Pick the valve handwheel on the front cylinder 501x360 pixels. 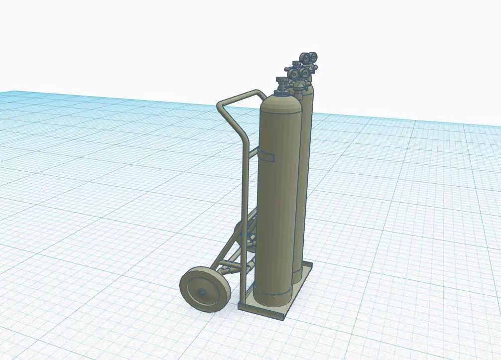[x=282, y=81]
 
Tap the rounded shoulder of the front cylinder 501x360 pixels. [x=281, y=102]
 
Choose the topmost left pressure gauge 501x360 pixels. [x=303, y=57]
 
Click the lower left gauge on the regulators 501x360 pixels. [x=293, y=75]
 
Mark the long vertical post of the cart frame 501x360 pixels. [x=244, y=209]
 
